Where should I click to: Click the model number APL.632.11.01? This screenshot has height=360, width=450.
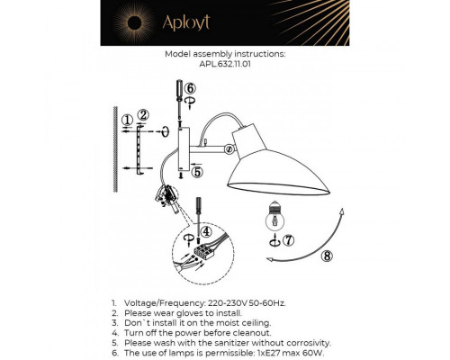coord(224,65)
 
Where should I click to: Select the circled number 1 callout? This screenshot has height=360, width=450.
coord(127,118)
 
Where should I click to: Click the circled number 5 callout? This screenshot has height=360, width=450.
coord(197,171)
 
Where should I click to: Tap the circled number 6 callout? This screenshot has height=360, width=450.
coord(189,87)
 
